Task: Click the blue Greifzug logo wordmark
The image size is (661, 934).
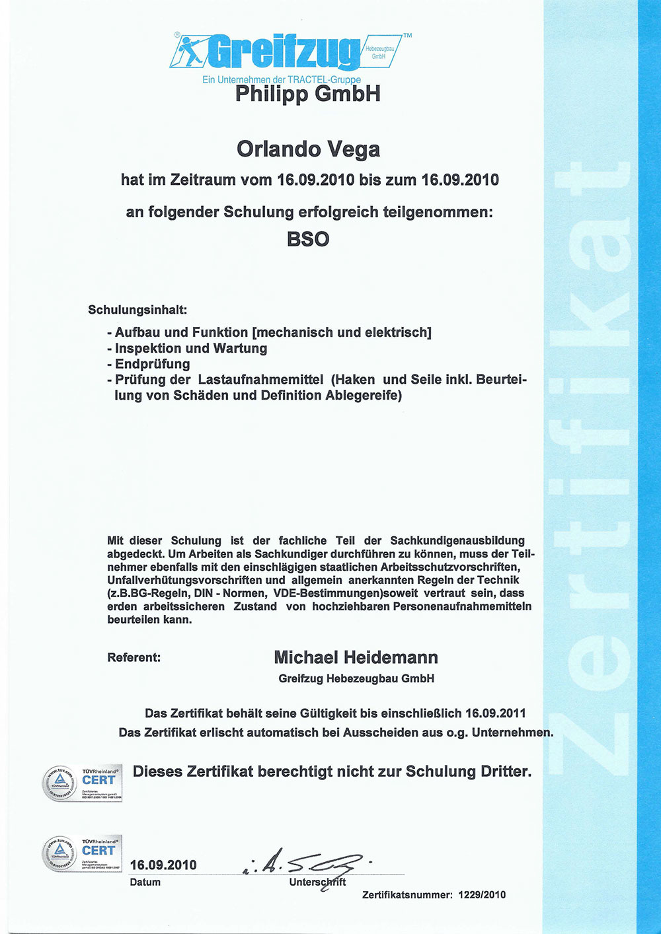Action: pos(284,52)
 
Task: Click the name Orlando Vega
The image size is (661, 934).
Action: pos(308,149)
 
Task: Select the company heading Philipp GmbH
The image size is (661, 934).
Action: pos(308,94)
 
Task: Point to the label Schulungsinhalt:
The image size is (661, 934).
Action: pos(137,309)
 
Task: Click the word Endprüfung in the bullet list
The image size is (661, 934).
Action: pos(153,364)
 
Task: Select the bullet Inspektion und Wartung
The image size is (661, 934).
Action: pos(191,348)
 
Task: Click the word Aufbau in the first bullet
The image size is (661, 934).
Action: pos(138,332)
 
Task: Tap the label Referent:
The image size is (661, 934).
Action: pos(134,658)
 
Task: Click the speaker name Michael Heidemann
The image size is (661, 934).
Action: pos(356,657)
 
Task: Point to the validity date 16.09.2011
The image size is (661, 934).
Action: pos(495,713)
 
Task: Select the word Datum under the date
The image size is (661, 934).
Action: pos(145,882)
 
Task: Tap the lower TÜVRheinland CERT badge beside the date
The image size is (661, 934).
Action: pos(83,853)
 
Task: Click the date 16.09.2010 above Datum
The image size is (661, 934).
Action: pos(163,865)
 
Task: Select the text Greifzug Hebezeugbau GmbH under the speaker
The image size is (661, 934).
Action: pos(356,678)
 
